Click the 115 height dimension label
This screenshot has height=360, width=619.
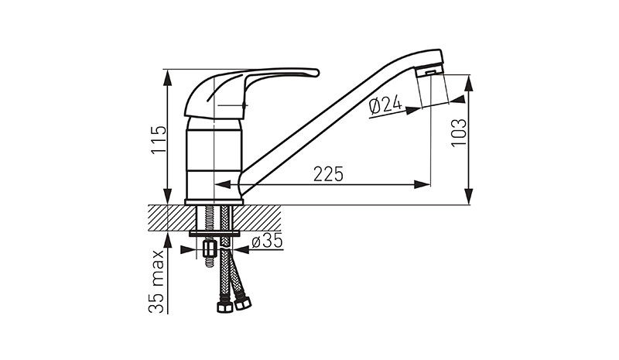click(x=159, y=140)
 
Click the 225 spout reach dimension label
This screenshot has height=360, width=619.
click(x=328, y=174)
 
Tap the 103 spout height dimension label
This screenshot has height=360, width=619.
click(x=459, y=132)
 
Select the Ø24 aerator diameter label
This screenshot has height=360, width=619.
click(x=385, y=105)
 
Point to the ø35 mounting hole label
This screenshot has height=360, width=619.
click(x=267, y=241)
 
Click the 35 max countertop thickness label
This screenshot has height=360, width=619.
click(x=157, y=281)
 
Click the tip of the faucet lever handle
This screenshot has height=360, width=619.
click(x=316, y=73)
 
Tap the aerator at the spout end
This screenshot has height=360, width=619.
click(x=429, y=71)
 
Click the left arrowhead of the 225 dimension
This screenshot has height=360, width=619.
click(x=222, y=184)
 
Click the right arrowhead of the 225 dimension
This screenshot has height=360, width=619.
click(x=422, y=184)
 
